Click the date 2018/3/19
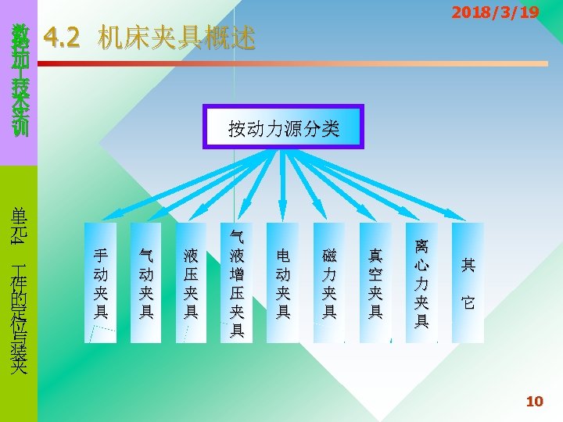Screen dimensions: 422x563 [495, 13]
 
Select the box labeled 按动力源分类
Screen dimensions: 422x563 [284, 125]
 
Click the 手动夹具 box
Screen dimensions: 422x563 [101, 283]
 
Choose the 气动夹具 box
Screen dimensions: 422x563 [146, 283]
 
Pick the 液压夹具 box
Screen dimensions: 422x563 [192, 283]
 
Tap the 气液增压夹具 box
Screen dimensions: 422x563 [238, 283]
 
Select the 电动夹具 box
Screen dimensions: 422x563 [283, 283]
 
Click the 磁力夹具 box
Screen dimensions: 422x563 [329, 283]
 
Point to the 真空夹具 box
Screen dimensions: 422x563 [375, 283]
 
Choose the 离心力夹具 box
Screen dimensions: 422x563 [421, 283]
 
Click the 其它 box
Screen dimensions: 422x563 [468, 283]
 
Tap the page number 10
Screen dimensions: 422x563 [534, 402]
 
